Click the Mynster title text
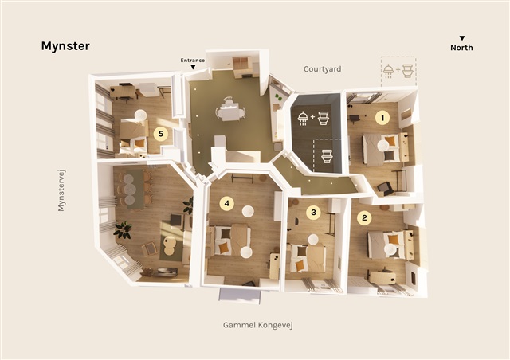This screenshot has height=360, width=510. (x=65, y=46)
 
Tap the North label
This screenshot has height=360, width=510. (x=461, y=48)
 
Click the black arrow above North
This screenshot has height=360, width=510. (x=462, y=38)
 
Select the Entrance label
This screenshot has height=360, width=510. (x=193, y=61)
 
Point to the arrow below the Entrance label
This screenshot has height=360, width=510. (x=193, y=67)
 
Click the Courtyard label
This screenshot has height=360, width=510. (x=322, y=69)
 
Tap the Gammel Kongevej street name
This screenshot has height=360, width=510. (x=258, y=325)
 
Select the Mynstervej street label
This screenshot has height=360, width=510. (x=61, y=190)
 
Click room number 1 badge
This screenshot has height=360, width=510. (x=382, y=118)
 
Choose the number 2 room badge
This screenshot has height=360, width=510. (x=364, y=218)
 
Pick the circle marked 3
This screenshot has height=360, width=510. (x=313, y=213)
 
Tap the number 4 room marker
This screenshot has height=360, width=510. (x=226, y=204)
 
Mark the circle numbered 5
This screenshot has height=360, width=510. (x=161, y=133)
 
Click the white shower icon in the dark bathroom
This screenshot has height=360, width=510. (x=303, y=118)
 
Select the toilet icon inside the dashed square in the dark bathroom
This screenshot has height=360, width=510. (x=327, y=156)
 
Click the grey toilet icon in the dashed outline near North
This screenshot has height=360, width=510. (x=407, y=71)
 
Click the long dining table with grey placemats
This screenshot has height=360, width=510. (x=135, y=189)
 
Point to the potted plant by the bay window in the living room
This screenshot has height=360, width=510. (x=123, y=229)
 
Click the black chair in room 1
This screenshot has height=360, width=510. (x=385, y=188)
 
